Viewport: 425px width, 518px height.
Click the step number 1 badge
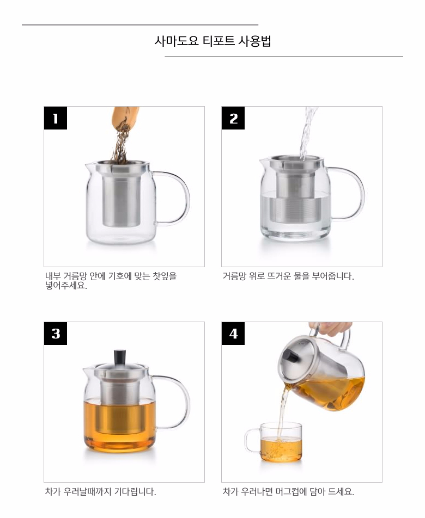[x=56, y=118]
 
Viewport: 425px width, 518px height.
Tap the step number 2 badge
[x=233, y=118]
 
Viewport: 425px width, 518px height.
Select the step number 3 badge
[x=56, y=334]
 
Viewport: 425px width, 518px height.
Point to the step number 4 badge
[x=233, y=334]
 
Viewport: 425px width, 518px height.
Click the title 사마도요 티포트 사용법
[x=212, y=41]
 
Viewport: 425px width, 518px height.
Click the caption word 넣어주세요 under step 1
[x=66, y=286]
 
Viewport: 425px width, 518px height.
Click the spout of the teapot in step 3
[x=88, y=372]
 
